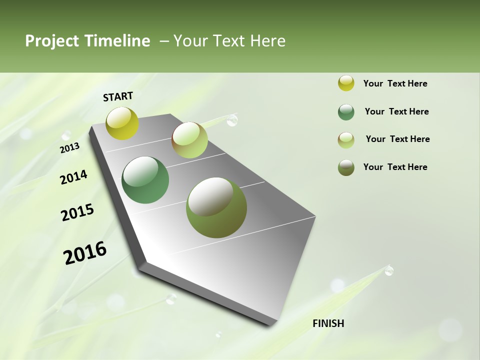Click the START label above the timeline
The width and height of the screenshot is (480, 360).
118,96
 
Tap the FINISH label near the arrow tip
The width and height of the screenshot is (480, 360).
328,323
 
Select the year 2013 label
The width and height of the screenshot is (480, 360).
69,148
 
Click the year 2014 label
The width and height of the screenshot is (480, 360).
73,177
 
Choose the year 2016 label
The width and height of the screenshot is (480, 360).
85,252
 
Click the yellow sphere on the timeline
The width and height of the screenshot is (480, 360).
122,123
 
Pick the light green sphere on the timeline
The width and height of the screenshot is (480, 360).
189,140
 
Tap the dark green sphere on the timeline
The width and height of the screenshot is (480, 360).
145,180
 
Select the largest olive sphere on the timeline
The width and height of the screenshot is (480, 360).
216,207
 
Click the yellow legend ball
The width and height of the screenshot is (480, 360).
346,83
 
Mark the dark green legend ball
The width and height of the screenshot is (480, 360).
346,112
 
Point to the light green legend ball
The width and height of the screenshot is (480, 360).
346,140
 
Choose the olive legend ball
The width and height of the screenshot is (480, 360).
346,168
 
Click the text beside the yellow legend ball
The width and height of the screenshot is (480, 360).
395,83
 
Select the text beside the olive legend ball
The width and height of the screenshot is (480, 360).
395,167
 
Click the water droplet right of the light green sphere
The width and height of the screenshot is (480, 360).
232,120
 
